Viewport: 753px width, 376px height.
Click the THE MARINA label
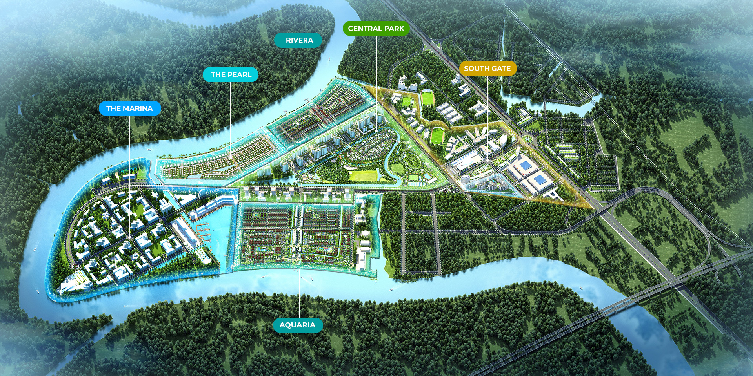click(x=129, y=108)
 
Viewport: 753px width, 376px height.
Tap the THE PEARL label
click(x=231, y=75)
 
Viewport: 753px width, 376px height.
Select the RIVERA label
click(x=299, y=40)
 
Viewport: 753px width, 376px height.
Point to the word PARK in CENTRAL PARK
click(x=394, y=29)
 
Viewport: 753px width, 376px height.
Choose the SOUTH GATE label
click(x=487, y=69)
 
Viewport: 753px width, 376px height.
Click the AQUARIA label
click(x=297, y=325)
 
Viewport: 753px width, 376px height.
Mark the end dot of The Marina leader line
click(x=129, y=238)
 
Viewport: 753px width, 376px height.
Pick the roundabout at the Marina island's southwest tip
click(x=75, y=266)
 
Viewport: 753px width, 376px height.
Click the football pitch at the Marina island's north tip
click(x=142, y=172)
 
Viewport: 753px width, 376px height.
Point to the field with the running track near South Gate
click(x=427, y=98)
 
